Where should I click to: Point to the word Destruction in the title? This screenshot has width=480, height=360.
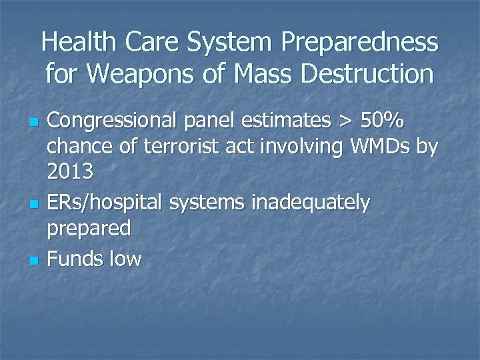pyautogui.click(x=367, y=74)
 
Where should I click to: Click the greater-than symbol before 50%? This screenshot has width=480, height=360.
pyautogui.click(x=345, y=123)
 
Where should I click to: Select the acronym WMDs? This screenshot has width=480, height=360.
pyautogui.click(x=377, y=147)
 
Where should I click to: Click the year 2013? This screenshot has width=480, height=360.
pyautogui.click(x=71, y=172)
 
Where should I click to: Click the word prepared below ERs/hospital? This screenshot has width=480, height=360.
pyautogui.click(x=89, y=229)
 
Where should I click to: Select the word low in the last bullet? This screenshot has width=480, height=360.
pyautogui.click(x=125, y=258)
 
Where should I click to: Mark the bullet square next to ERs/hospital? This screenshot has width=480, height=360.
pyautogui.click(x=32, y=203)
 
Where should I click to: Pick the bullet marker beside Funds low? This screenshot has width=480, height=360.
pyautogui.click(x=32, y=259)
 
